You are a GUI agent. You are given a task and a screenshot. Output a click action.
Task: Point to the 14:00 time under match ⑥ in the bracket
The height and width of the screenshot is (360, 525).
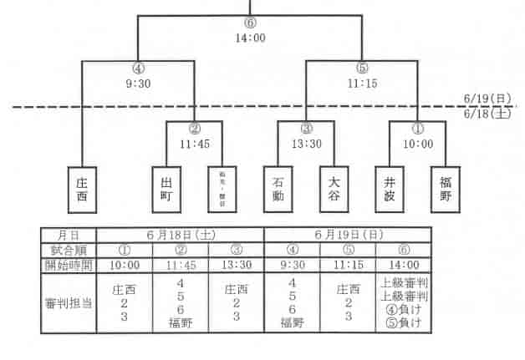pyautogui.click(x=250, y=38)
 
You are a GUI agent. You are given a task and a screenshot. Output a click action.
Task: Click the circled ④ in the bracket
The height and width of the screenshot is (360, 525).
pyautogui.click(x=139, y=69)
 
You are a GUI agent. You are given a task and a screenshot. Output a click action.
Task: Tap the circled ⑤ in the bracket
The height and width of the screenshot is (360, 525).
pyautogui.click(x=361, y=69)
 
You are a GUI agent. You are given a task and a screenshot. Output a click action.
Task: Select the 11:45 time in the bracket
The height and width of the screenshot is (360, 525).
pyautogui.click(x=194, y=144)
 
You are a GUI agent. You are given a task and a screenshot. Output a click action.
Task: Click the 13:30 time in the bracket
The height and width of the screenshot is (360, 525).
pyautogui.click(x=306, y=144)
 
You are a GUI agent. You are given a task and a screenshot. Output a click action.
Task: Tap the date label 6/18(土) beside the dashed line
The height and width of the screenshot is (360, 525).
pyautogui.click(x=487, y=114)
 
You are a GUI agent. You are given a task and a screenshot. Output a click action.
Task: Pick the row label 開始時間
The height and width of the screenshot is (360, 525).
pyautogui.click(x=69, y=265)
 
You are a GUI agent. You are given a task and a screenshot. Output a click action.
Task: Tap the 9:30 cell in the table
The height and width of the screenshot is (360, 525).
pyautogui.click(x=292, y=265)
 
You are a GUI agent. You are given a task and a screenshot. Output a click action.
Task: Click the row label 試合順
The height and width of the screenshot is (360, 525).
pyautogui.click(x=69, y=249)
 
